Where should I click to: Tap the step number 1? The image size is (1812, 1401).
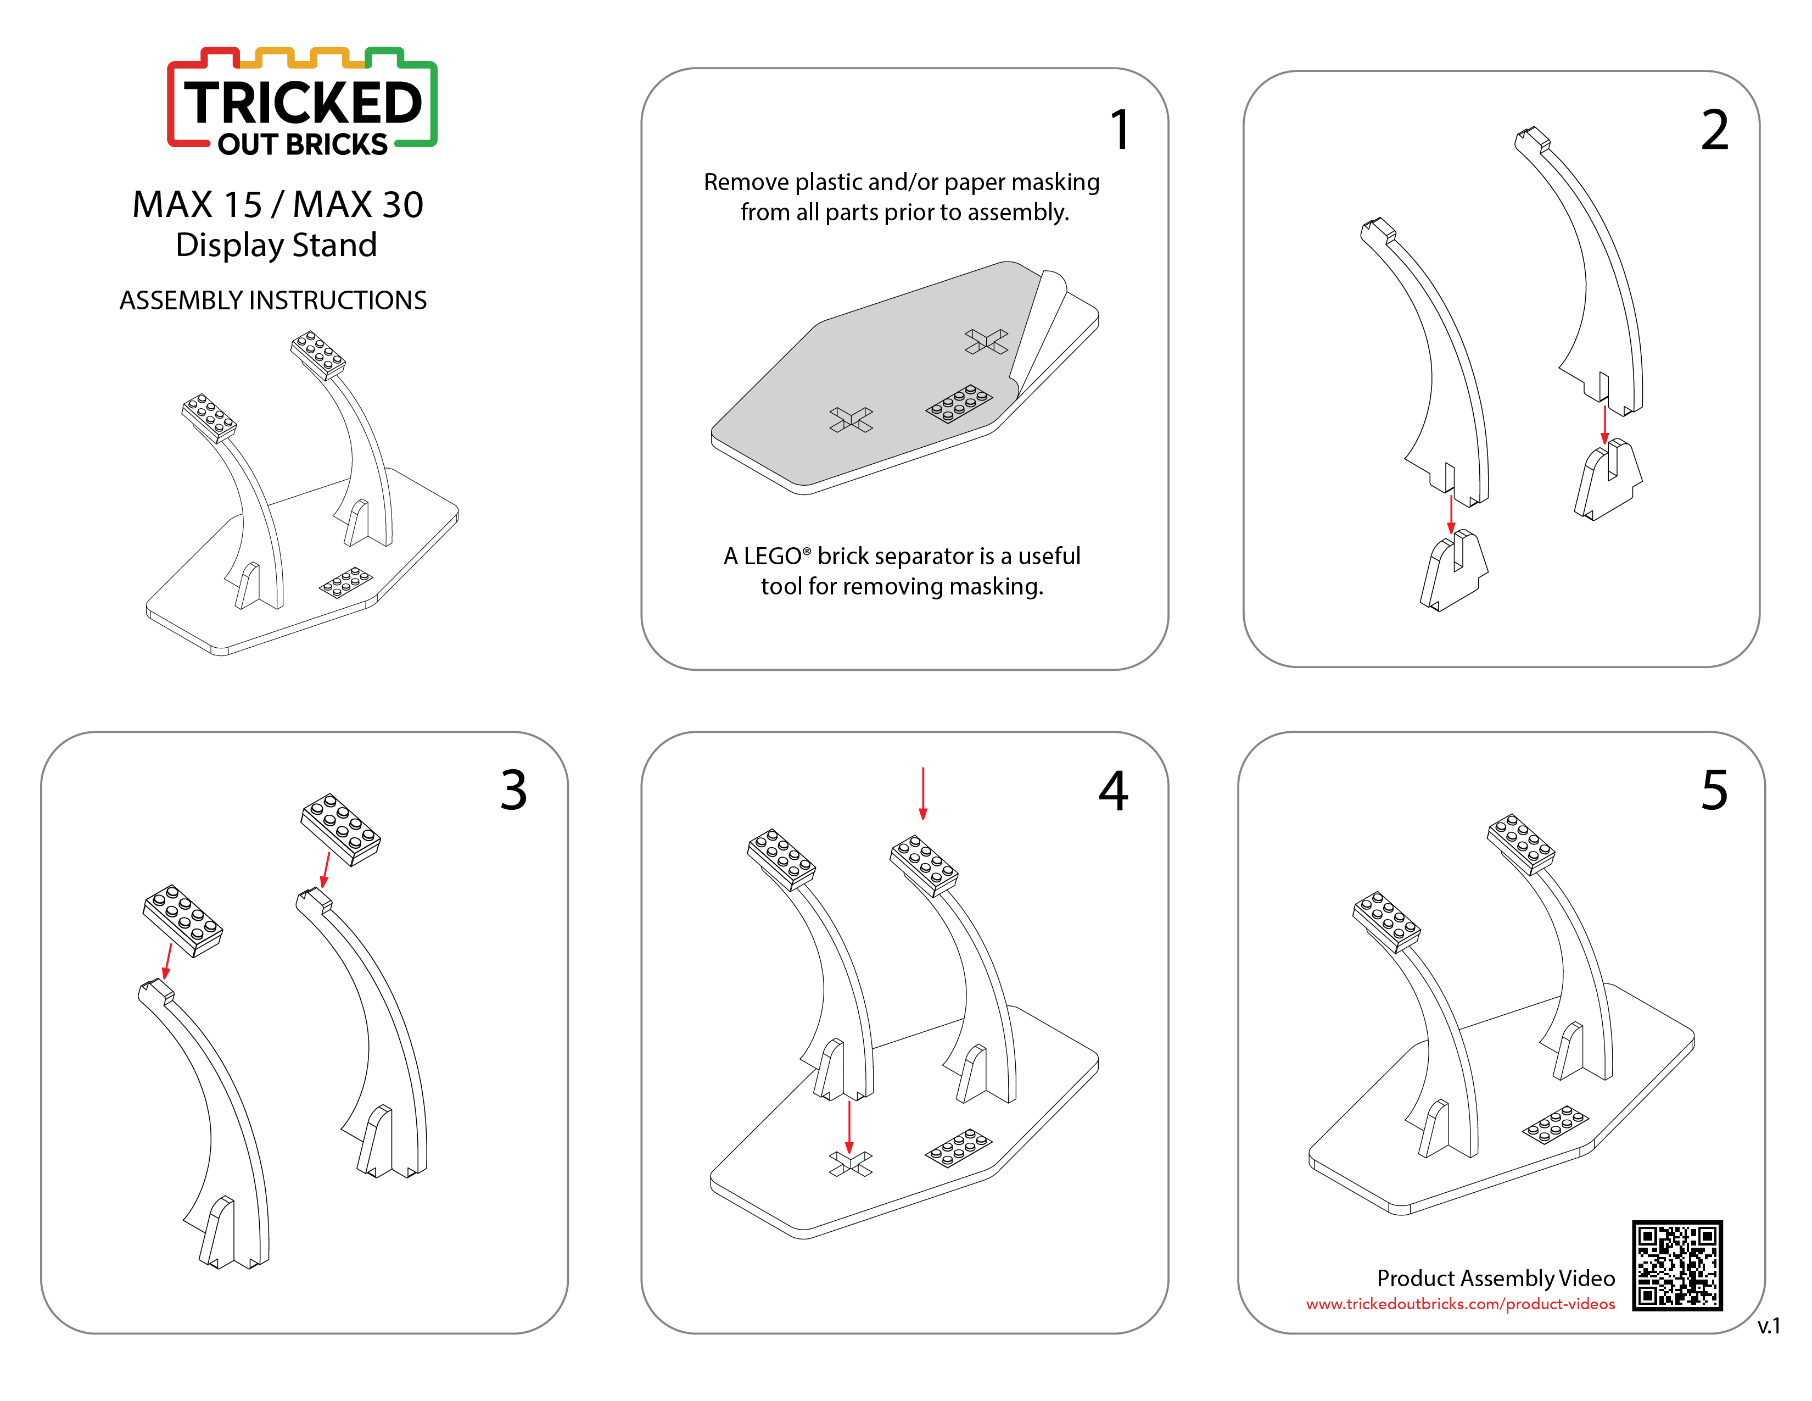pos(1120,130)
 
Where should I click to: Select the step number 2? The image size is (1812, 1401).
pos(1714,130)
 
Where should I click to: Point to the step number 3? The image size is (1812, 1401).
pos(513,790)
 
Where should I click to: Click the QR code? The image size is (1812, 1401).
pos(1677,1265)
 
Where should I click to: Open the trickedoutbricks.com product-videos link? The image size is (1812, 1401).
pos(1460,1304)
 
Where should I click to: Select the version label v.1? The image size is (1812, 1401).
pos(1769,1326)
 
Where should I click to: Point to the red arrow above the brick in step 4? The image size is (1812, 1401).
pos(922,793)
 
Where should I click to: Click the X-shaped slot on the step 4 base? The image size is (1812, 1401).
pos(851,1164)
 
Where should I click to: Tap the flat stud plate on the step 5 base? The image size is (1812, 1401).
pos(1555,1125)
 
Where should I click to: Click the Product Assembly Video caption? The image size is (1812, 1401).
pos(1496,1278)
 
